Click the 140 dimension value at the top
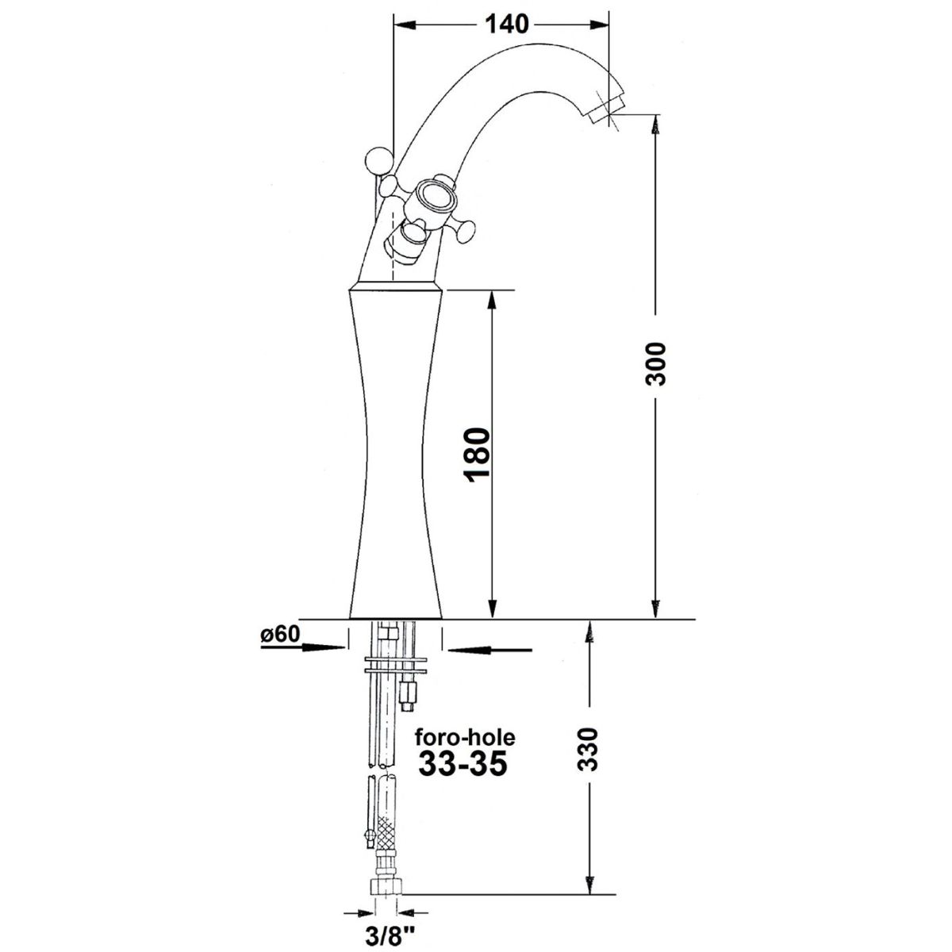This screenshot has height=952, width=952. (507, 25)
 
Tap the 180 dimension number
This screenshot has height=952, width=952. (478, 455)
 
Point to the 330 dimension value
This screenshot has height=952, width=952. (588, 762)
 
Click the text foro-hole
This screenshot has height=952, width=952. (465, 751)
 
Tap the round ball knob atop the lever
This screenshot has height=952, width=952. (379, 160)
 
